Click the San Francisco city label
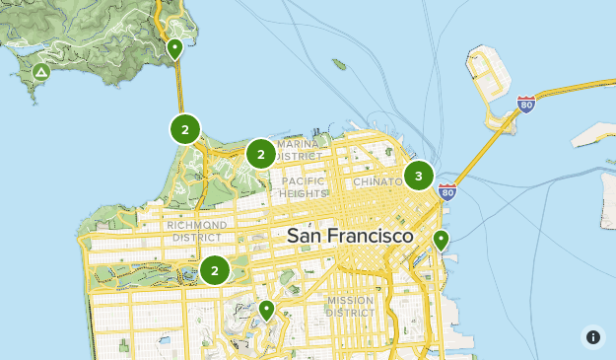pos(350,237)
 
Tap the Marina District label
pos(298,150)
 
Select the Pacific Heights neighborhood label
pos(304,187)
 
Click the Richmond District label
pos(197,231)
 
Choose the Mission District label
pos(351,306)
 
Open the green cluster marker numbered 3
pos(419,177)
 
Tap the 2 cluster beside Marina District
pos(260,154)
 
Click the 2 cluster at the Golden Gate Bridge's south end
pos(184,129)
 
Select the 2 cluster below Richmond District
pos(214,270)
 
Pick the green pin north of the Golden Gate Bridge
pos(175,48)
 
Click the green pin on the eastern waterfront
pos(441,239)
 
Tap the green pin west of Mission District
pos(265,310)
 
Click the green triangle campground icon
pos(41,72)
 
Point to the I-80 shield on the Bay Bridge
pos(526,104)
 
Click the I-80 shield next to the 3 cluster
pos(447,191)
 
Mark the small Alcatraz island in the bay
pos(339,65)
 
